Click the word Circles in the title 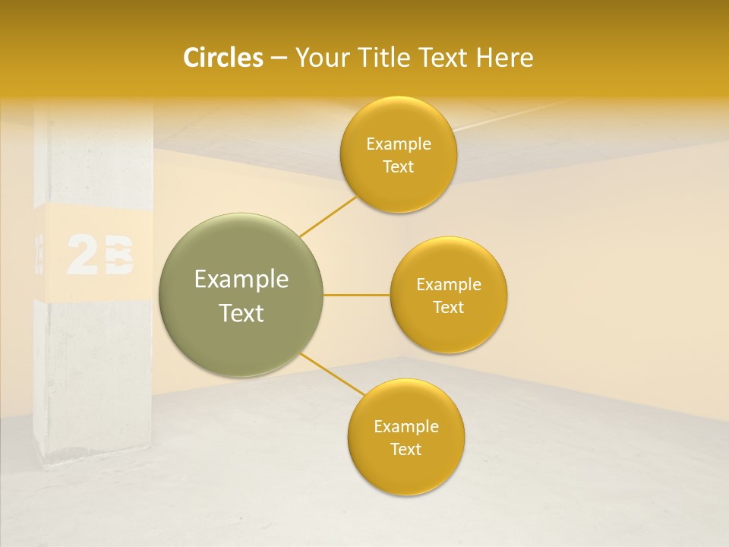point(222,58)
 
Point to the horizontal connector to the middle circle point(356,295)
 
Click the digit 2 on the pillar point(83,255)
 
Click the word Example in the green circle point(241,280)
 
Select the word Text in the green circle point(241,313)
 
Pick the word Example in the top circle point(399,144)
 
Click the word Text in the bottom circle point(406,449)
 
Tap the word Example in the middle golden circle point(449,285)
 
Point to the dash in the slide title point(278,58)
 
